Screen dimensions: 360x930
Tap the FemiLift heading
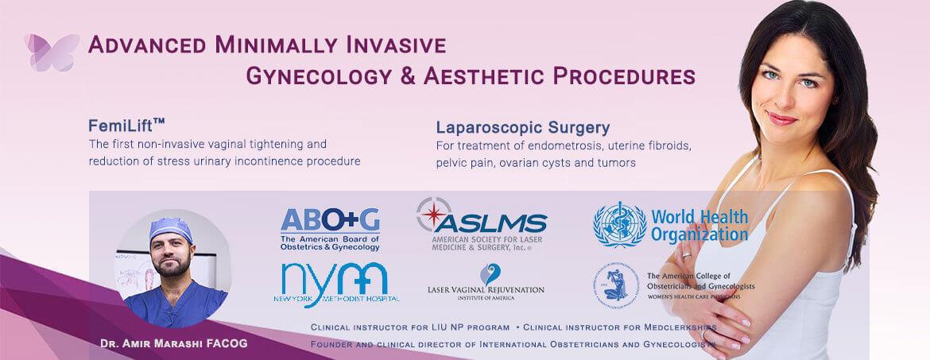[127, 126]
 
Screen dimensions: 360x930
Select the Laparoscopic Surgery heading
[522, 127]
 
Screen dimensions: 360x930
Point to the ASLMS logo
[480, 223]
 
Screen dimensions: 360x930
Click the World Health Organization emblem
[619, 224]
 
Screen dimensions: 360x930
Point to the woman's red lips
[784, 119]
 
